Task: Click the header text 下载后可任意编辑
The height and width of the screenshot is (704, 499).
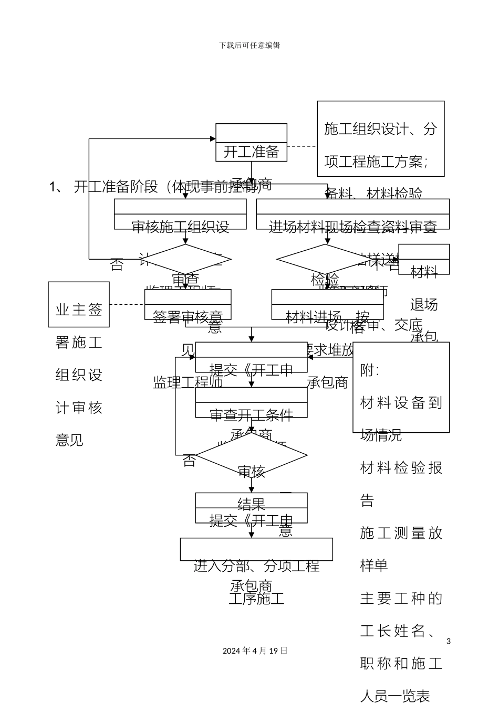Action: (250, 46)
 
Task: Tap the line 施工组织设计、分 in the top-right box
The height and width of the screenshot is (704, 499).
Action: (380, 129)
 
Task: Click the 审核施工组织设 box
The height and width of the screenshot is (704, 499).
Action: (180, 215)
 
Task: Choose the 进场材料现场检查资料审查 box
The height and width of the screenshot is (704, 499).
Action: (352, 215)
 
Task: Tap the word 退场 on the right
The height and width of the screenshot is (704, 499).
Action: (423, 305)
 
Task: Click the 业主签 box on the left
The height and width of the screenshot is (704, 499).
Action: (79, 304)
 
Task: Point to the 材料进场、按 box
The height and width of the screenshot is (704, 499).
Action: (327, 305)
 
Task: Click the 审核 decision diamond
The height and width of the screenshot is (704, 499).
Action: (251, 456)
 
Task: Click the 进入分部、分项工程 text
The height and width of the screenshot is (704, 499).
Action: (256, 566)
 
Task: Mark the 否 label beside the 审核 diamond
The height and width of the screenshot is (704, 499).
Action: (189, 461)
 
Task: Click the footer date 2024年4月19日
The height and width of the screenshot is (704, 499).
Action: (255, 650)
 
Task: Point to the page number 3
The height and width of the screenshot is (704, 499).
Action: (448, 641)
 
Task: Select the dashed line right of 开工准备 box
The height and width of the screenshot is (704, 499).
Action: (302, 146)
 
